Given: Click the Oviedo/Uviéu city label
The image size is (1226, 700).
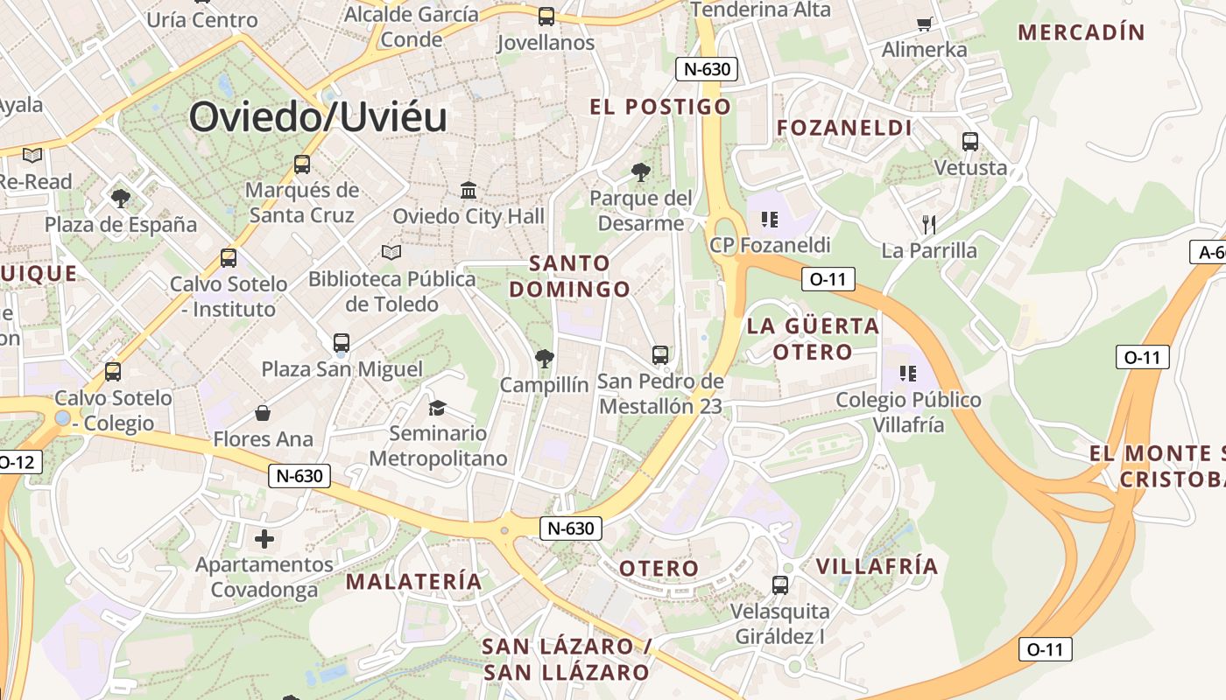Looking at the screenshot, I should pyautogui.click(x=318, y=116).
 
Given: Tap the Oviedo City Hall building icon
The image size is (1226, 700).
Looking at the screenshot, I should pyautogui.click(x=469, y=190).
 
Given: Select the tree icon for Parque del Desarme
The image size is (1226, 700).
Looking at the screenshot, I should pyautogui.click(x=641, y=172).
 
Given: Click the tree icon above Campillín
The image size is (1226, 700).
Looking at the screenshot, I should pyautogui.click(x=544, y=358).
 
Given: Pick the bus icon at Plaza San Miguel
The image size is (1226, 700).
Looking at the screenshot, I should pyautogui.click(x=342, y=343).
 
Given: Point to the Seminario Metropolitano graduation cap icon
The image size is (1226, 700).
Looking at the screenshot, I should pyautogui.click(x=437, y=408).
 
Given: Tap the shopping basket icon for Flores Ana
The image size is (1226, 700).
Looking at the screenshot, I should pyautogui.click(x=263, y=412).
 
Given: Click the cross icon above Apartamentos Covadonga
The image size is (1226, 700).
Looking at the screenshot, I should pyautogui.click(x=264, y=539).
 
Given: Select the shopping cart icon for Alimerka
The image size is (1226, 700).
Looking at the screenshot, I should pyautogui.click(x=924, y=24).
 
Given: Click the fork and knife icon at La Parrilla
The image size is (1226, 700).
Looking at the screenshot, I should pyautogui.click(x=929, y=225).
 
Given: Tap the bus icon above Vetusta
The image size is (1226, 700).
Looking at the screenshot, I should pyautogui.click(x=969, y=142).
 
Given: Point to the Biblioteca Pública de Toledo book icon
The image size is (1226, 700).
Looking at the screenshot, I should pyautogui.click(x=391, y=253).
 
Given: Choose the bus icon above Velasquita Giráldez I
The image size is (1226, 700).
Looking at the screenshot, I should pyautogui.click(x=780, y=584).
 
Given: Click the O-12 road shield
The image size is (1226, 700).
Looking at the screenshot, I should pyautogui.click(x=18, y=461).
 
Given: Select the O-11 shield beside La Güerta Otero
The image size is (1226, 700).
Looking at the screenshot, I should pyautogui.click(x=828, y=280).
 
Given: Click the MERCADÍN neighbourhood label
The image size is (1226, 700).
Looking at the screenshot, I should pyautogui.click(x=1082, y=32).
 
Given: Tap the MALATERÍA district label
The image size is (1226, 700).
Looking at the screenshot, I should pyautogui.click(x=414, y=581).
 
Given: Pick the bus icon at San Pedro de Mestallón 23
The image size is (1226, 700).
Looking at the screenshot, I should pyautogui.click(x=660, y=355).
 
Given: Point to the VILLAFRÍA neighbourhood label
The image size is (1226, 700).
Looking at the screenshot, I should pyautogui.click(x=877, y=566).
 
